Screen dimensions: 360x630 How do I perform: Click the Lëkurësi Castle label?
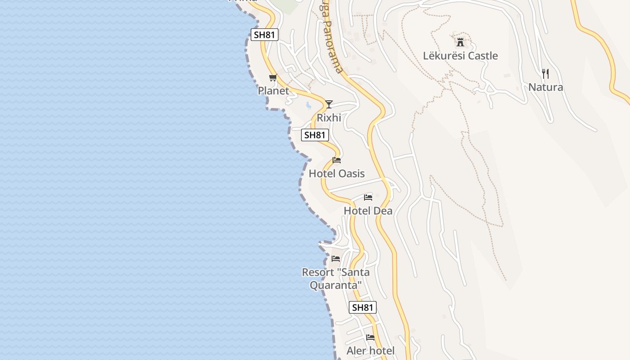click(x=460, y=56)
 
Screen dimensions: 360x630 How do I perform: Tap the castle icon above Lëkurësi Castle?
click(x=460, y=43)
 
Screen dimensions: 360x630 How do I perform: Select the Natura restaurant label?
click(x=545, y=87)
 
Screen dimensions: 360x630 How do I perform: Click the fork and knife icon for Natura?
click(x=545, y=73)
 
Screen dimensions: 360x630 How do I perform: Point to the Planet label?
click(x=273, y=90)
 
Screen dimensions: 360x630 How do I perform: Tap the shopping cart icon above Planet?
click(x=273, y=78)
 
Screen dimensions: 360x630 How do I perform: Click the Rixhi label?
click(x=329, y=117)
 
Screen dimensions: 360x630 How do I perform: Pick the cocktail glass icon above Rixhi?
click(x=329, y=104)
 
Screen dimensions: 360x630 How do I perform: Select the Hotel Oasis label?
click(x=337, y=173)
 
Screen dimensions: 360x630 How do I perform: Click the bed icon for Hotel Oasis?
click(x=337, y=160)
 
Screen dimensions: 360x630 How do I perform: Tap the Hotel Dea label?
click(x=368, y=211)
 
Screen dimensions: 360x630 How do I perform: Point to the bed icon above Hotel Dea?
click(x=368, y=198)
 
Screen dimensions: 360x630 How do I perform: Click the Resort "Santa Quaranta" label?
click(x=336, y=279)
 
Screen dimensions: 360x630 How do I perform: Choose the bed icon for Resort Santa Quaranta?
click(x=336, y=259)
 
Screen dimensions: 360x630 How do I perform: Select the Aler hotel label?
click(x=370, y=351)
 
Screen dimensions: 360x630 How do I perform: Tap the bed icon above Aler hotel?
click(x=370, y=337)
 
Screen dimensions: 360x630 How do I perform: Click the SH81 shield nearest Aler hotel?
click(x=362, y=307)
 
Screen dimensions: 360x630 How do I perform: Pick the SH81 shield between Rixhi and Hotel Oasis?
click(x=315, y=135)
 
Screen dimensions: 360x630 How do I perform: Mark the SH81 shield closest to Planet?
click(x=265, y=35)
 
